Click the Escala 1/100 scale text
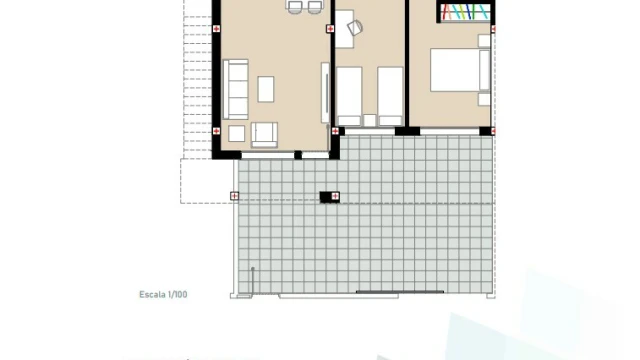point(163,294)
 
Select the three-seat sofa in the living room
point(236,89)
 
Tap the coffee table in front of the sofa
point(266,89)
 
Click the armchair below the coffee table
point(264,134)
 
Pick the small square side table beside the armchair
point(236,133)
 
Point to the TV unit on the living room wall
point(325,93)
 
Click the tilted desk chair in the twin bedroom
point(355,27)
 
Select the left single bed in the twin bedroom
point(349,96)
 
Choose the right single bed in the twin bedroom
point(390,96)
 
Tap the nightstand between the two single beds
point(370,120)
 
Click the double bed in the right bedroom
point(460,70)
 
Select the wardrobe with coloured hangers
point(465,11)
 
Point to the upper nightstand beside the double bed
point(484,41)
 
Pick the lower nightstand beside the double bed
point(484,99)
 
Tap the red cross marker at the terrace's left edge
point(234,196)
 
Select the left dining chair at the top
point(295,7)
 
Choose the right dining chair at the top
point(315,7)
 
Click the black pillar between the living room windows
point(298,155)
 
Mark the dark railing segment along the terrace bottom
point(400,292)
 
